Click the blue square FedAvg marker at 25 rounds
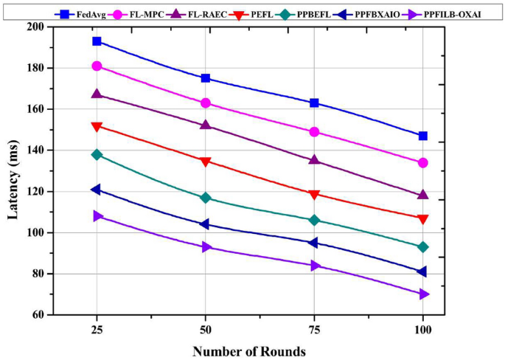coord(97,41)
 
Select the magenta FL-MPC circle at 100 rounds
coord(422,162)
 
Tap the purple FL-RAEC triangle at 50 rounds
coord(206,125)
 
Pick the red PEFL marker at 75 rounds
coord(314,194)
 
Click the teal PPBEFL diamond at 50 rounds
coord(206,198)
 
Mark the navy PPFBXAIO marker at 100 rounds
coord(422,271)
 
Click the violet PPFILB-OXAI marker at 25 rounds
coord(97,216)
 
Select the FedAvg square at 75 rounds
coord(314,103)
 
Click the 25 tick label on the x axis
coord(97,328)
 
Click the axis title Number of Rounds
coord(249,350)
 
